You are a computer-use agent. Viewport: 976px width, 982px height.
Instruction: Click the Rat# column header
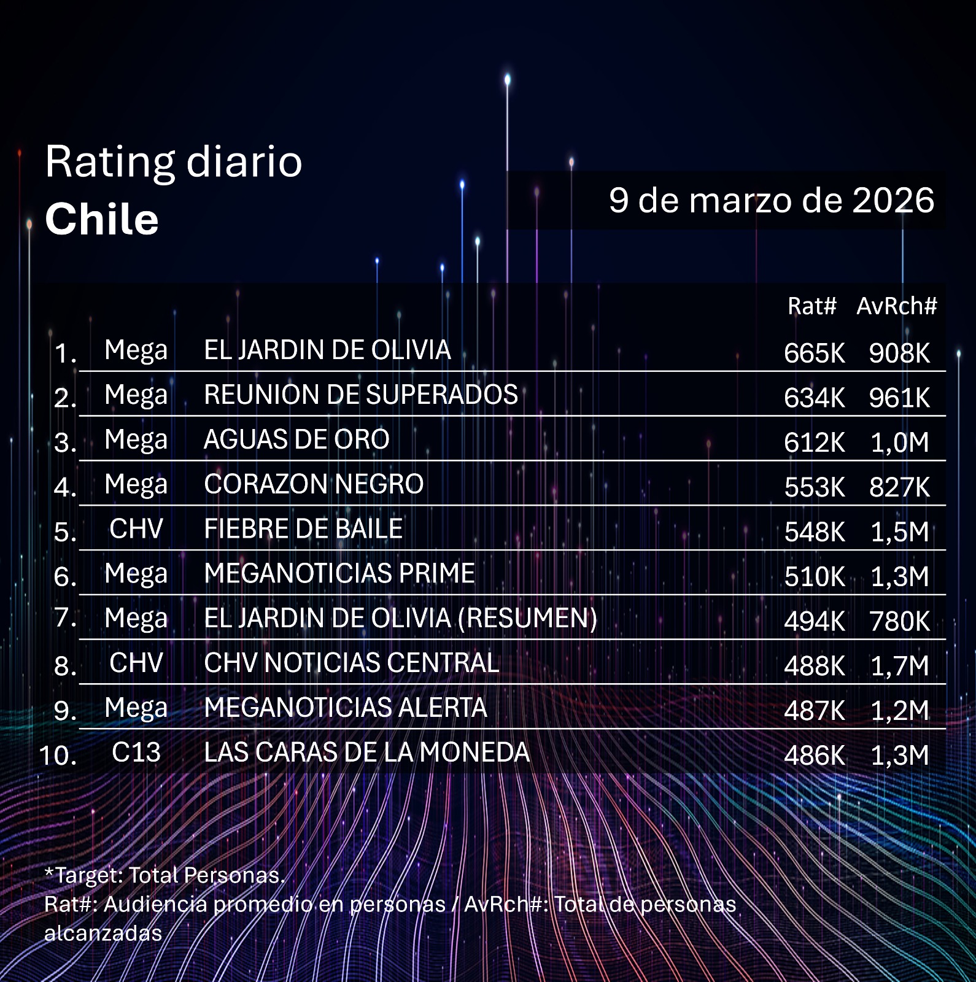(811, 306)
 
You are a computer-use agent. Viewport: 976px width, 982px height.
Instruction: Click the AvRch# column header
(896, 306)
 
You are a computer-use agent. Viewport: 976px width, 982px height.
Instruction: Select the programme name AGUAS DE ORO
(296, 439)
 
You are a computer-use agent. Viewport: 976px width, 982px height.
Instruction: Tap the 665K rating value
(814, 353)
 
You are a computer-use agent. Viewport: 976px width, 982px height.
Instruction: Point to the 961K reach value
(899, 398)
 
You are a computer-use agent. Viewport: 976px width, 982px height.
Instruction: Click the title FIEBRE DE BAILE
(303, 529)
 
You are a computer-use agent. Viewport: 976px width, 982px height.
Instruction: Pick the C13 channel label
(136, 752)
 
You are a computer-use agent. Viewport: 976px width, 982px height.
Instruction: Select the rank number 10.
(58, 756)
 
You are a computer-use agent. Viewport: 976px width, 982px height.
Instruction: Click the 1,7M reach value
(899, 666)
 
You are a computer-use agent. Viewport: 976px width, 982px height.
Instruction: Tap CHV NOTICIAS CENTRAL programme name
(351, 663)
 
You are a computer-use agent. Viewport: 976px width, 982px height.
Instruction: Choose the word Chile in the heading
(102, 219)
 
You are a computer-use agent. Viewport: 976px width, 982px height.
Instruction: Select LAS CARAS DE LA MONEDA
(366, 752)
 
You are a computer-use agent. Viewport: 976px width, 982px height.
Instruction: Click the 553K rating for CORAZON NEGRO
(814, 487)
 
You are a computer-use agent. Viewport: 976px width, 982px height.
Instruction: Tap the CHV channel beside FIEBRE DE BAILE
(136, 529)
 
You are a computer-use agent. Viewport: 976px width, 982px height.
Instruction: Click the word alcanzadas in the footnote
(103, 933)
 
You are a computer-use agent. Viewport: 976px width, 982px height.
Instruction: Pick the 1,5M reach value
(899, 532)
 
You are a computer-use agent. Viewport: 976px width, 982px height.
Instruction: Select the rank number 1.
(64, 354)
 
